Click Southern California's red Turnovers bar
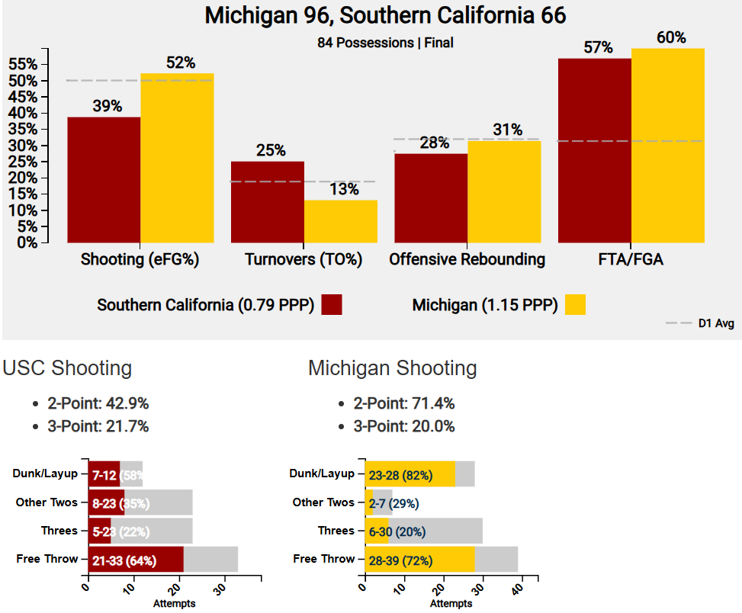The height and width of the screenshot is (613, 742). click(268, 202)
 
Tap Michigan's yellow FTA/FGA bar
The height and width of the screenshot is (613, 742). click(667, 145)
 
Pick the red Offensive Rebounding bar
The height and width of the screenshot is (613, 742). click(430, 198)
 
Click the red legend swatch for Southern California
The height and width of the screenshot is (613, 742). click(332, 304)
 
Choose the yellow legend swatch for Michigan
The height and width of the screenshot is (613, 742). click(575, 304)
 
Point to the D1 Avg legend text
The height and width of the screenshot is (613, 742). click(716, 324)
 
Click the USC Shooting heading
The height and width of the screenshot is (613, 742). click(67, 368)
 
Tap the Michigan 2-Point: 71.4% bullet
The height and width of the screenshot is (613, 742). click(403, 403)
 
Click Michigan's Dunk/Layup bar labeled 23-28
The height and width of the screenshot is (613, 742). click(410, 474)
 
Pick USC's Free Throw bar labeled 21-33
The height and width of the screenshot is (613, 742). click(136, 560)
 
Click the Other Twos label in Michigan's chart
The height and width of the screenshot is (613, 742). click(323, 502)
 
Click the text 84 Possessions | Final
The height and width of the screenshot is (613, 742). click(385, 43)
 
